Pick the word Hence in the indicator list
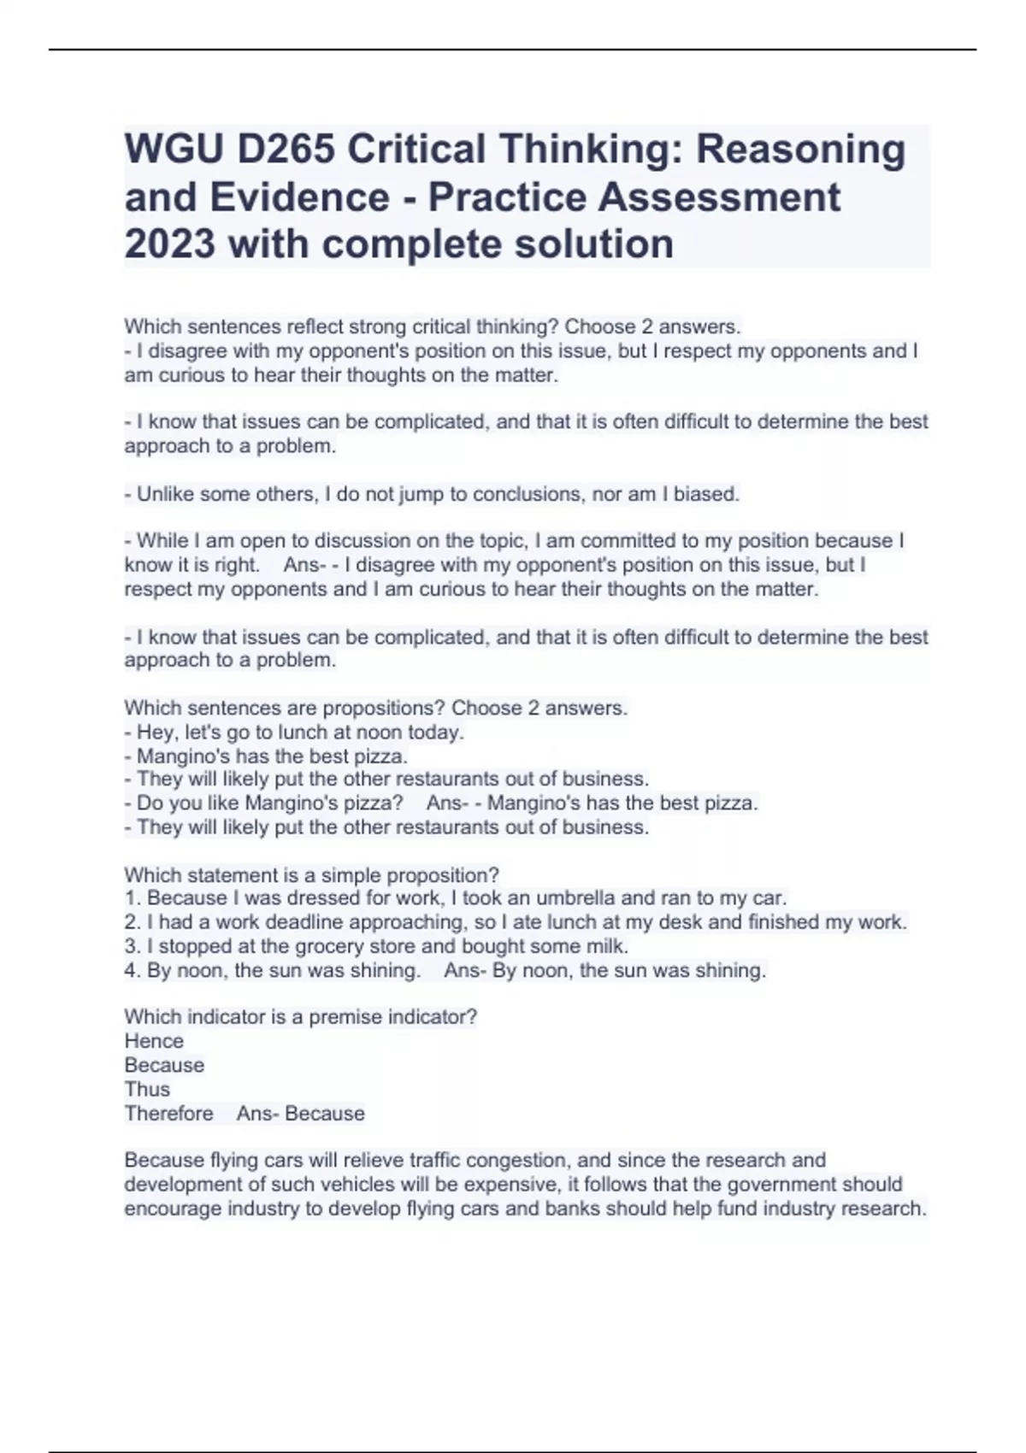click(154, 1041)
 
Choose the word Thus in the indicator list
click(147, 1089)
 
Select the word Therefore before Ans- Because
click(169, 1113)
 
